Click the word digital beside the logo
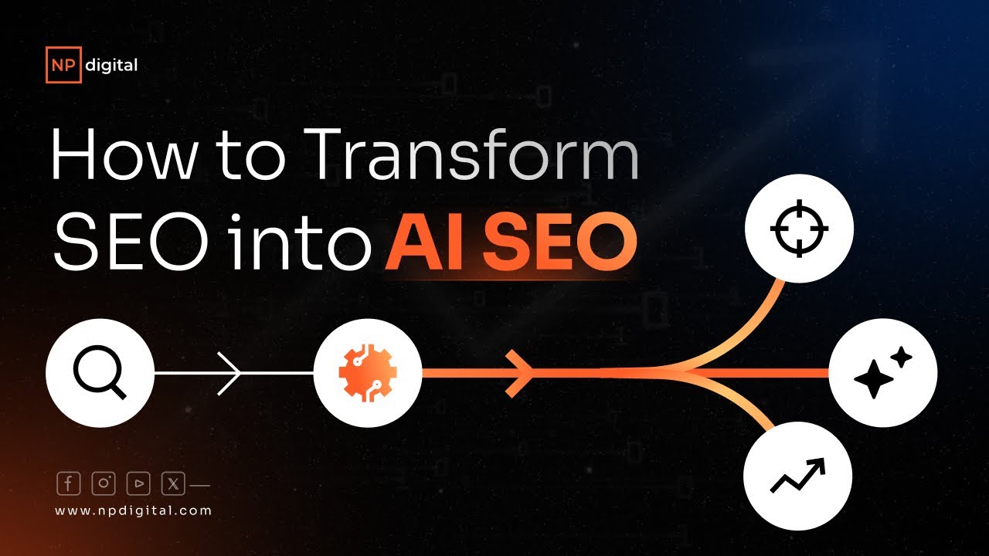(x=108, y=65)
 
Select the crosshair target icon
(x=799, y=229)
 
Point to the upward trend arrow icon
(x=798, y=476)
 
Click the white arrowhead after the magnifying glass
(x=230, y=374)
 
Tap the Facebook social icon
(x=69, y=483)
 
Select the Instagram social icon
(x=104, y=483)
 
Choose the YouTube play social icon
(x=138, y=483)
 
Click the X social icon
(x=173, y=483)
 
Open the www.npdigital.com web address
(x=134, y=510)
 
